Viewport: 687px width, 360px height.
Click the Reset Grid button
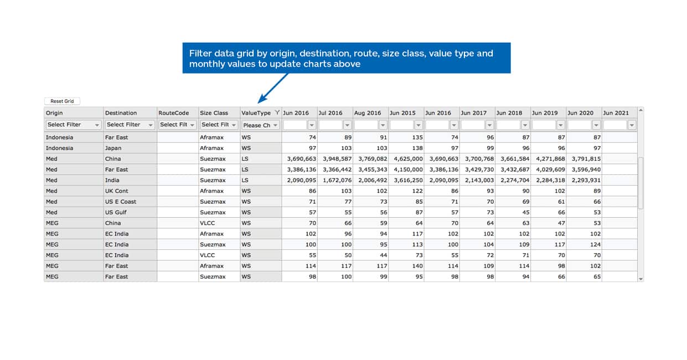coord(62,101)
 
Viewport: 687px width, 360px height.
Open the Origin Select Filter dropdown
coord(73,125)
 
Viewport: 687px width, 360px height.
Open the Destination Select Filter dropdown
coord(130,125)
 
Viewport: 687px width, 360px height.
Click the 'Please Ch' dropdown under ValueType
coord(260,125)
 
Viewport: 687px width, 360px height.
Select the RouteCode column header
coord(174,113)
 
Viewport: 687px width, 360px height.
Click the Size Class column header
coord(214,113)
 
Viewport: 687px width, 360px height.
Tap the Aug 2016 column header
coord(368,113)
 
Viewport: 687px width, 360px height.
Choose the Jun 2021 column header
coord(616,113)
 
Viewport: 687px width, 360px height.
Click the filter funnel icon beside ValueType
coord(277,112)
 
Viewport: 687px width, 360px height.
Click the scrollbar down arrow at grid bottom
coord(640,279)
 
